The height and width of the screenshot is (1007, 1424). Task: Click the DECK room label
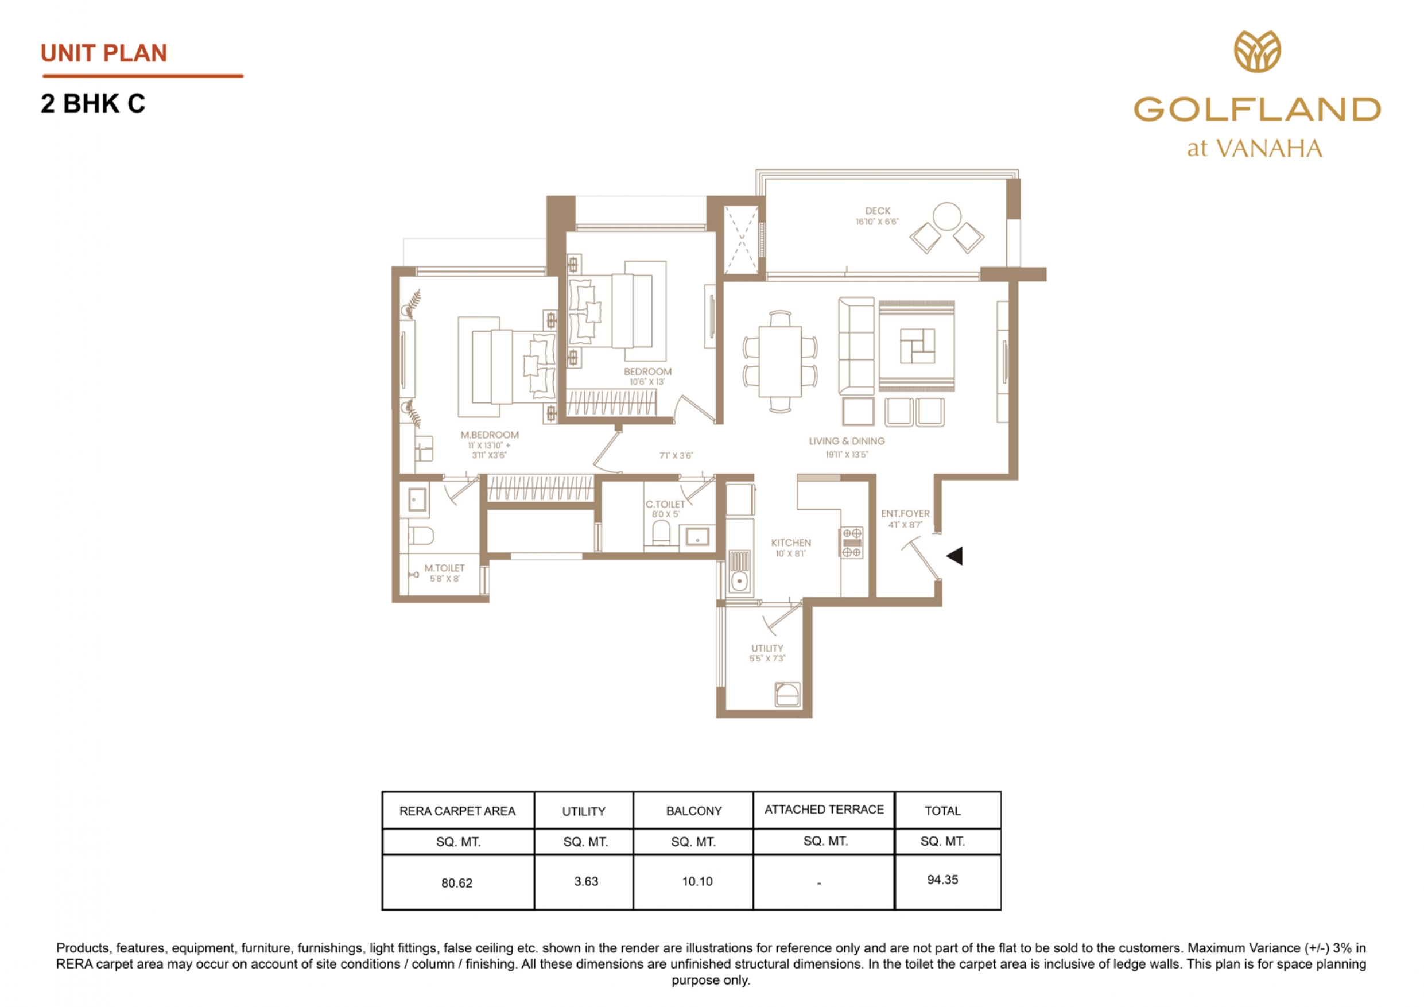click(x=877, y=211)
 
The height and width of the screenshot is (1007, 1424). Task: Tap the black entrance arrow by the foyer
click(x=956, y=555)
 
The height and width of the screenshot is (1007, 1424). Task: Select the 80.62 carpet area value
click(x=457, y=883)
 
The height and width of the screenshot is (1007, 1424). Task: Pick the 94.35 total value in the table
click(x=942, y=880)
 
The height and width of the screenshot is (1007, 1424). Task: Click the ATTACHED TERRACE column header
click(x=824, y=810)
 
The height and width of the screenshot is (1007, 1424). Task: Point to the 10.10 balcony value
click(x=697, y=882)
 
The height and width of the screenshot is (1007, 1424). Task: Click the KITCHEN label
click(x=791, y=543)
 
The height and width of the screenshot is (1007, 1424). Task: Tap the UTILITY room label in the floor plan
click(x=767, y=648)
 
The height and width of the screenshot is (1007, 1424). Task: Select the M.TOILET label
click(x=444, y=568)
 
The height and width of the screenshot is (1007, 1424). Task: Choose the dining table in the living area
click(x=780, y=361)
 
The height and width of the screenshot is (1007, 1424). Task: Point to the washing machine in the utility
click(x=787, y=694)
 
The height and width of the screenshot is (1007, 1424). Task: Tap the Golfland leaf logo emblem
click(x=1257, y=52)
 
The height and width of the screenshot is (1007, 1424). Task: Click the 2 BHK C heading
click(x=93, y=103)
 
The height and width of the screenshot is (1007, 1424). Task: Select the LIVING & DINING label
click(x=847, y=441)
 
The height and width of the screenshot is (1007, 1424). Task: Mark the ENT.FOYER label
click(x=905, y=514)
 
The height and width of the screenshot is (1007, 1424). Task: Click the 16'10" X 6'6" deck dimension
click(x=877, y=222)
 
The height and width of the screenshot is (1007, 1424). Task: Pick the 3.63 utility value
click(x=586, y=882)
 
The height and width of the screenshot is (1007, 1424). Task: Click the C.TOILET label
click(x=665, y=505)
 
